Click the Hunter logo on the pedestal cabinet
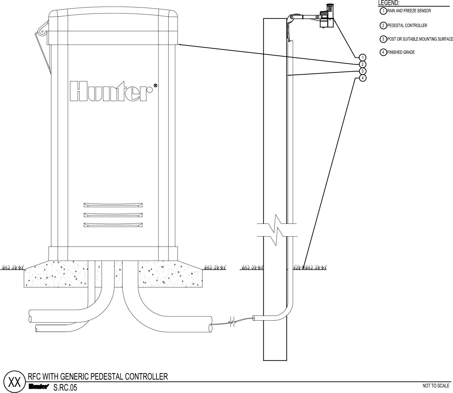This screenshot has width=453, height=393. pos(111,91)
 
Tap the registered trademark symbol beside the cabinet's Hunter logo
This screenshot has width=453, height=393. pos(155,86)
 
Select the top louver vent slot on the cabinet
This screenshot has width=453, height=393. pos(113,205)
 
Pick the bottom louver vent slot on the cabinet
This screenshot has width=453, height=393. pos(113,225)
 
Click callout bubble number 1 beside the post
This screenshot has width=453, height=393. pos(363,57)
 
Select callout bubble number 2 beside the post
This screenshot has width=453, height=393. pos(363,64)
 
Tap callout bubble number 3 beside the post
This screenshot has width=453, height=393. pos(363,71)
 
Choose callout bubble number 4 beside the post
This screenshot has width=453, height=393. pos(363,78)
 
